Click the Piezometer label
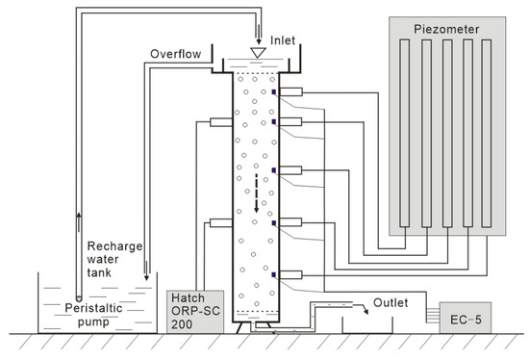446,29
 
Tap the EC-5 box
466,318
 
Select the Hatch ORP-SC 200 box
195,312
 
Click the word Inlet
283,40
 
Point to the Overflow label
175,54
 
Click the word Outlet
390,302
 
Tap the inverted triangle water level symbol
258,53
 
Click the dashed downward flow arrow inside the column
257,193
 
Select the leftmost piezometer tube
405,133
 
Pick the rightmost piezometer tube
487,133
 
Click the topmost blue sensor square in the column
274,91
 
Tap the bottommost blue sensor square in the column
274,275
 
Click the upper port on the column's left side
221,122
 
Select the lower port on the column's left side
221,222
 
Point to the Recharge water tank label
114,259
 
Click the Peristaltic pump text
93,315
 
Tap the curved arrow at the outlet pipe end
361,308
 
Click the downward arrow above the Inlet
259,35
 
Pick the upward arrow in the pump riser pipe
79,222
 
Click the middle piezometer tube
447,133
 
